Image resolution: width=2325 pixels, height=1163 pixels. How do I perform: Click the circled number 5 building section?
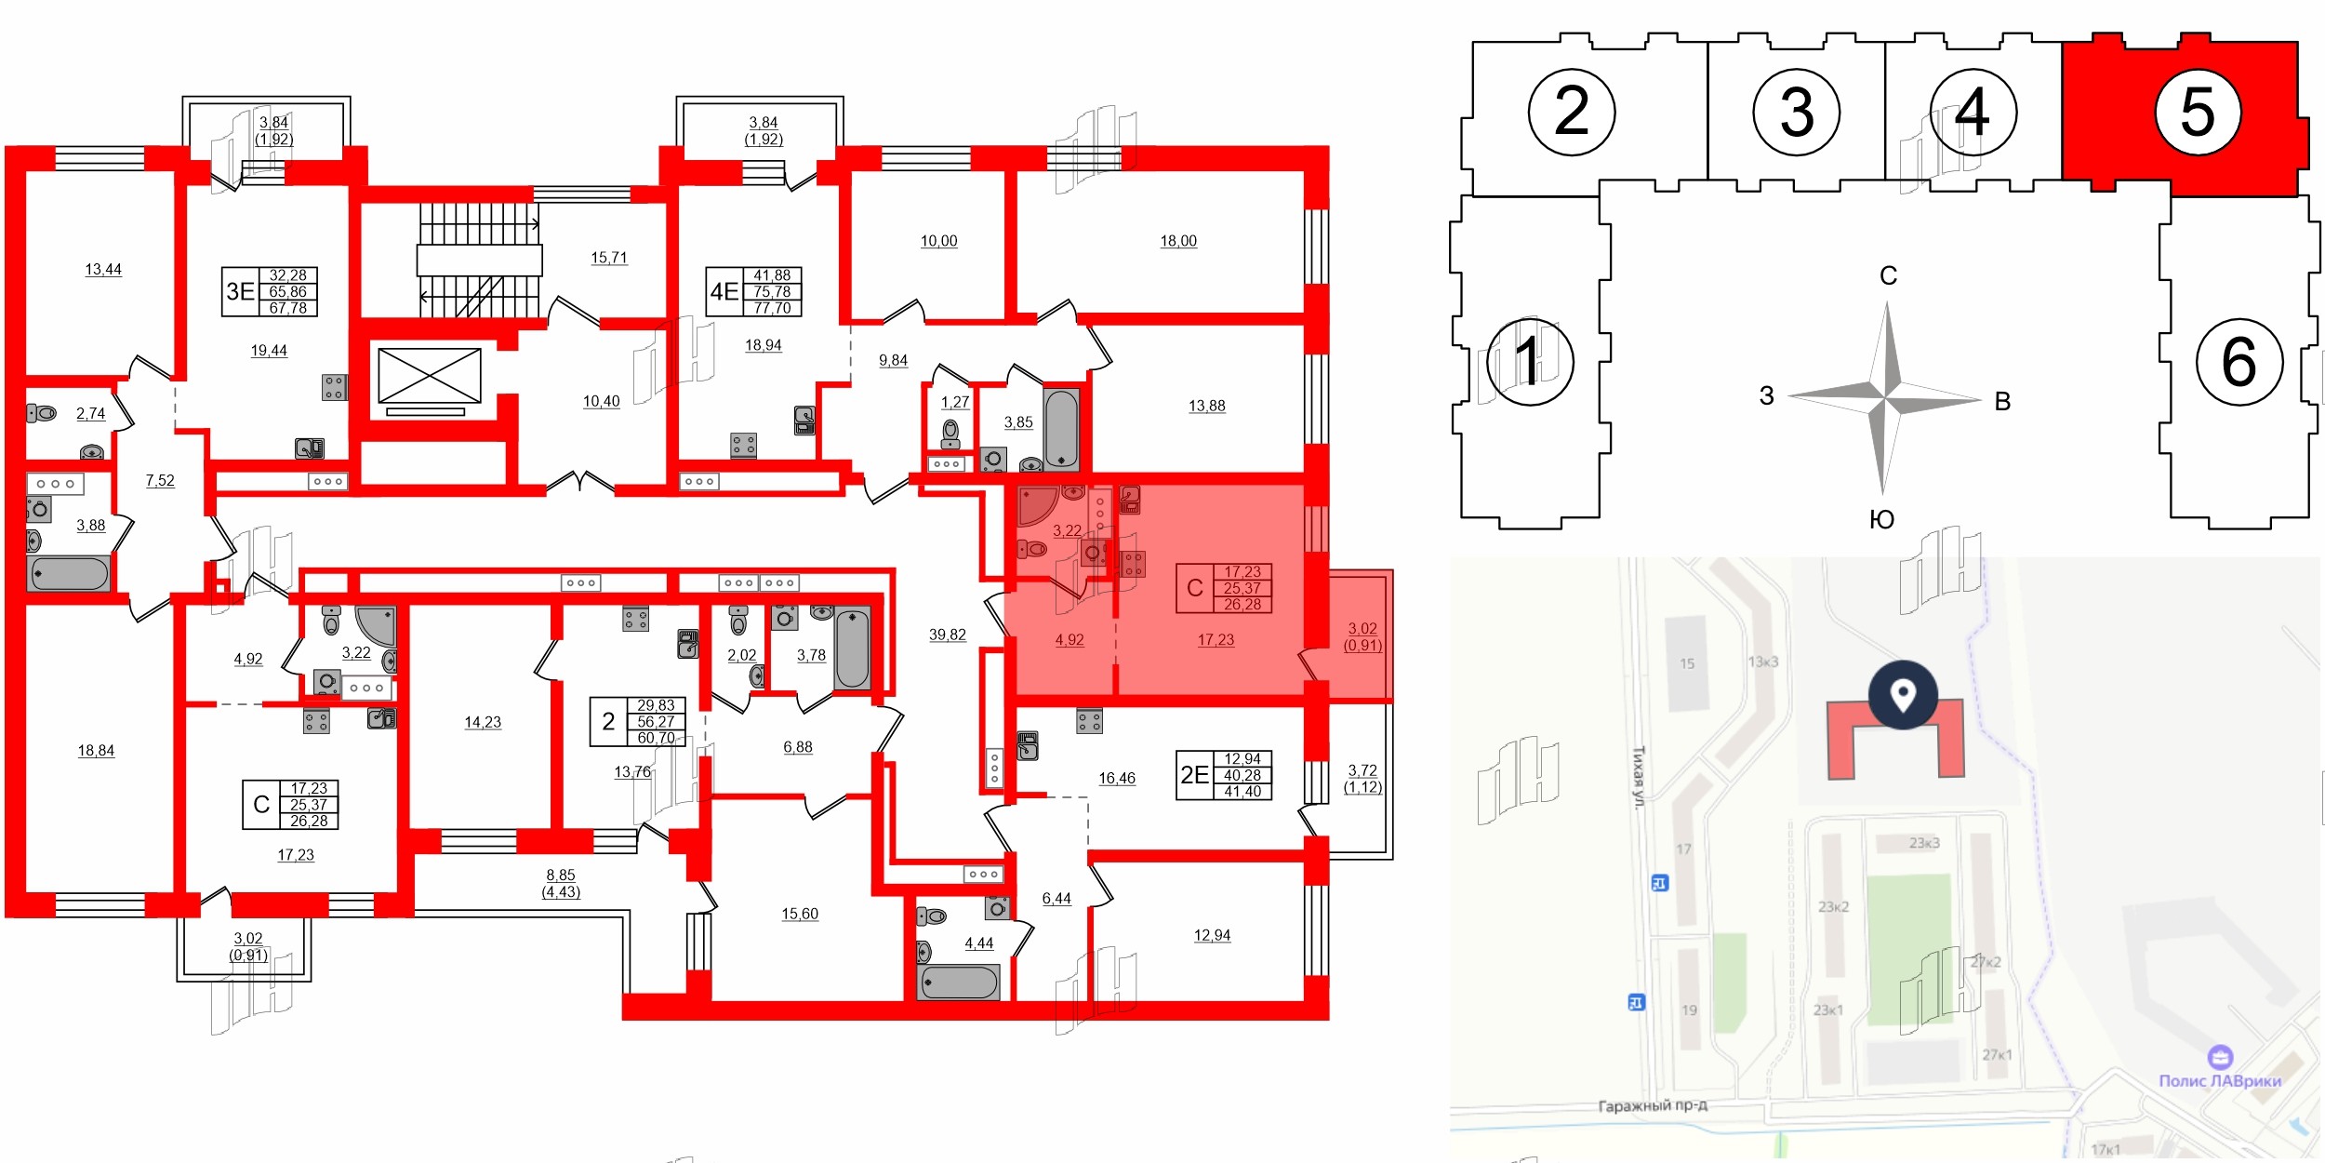[x=2198, y=113]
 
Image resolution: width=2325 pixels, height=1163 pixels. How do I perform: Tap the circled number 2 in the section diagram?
[x=1572, y=113]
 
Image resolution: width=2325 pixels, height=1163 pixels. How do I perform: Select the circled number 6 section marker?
[x=2239, y=362]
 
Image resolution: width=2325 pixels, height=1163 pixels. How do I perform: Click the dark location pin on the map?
[x=1903, y=695]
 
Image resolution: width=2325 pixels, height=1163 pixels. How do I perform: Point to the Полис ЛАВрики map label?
[x=2220, y=1080]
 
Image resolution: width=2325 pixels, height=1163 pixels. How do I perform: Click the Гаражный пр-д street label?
[x=1653, y=1105]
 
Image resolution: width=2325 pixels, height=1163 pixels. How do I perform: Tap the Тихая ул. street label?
[x=1639, y=776]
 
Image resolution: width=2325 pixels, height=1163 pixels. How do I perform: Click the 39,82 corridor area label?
[x=947, y=635]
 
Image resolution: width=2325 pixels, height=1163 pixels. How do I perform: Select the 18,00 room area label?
[x=1178, y=241]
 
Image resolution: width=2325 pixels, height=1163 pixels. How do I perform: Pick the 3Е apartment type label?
[x=240, y=291]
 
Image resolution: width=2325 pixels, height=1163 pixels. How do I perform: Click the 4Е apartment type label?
[x=724, y=291]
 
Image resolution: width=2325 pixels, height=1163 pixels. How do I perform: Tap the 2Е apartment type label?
[x=1194, y=775]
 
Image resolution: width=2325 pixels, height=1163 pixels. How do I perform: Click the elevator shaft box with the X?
[x=430, y=376]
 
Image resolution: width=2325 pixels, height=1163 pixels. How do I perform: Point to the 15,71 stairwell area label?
[x=609, y=258]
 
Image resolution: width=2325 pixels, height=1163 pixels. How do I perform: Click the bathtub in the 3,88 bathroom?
[x=69, y=573]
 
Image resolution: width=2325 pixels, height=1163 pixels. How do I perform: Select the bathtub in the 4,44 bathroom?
[x=958, y=983]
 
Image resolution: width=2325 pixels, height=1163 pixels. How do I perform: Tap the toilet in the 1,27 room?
[x=950, y=433]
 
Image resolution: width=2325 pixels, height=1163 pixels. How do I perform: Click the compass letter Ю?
[x=1881, y=519]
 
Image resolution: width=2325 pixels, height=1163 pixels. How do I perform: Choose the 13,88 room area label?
[x=1206, y=406]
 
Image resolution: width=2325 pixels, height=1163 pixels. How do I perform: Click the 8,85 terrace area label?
[x=561, y=876]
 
